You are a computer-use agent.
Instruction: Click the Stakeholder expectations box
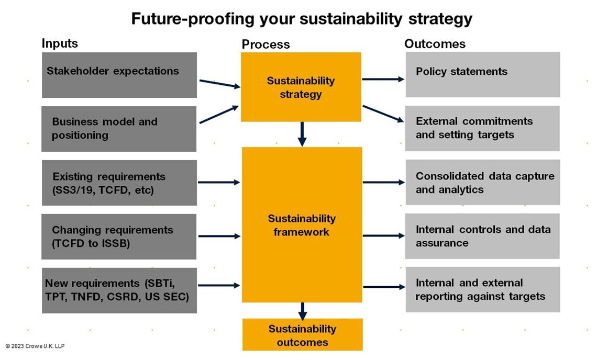119,75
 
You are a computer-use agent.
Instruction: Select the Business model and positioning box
119,129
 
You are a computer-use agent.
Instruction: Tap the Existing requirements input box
119,183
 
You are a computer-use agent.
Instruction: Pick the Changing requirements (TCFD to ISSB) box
119,236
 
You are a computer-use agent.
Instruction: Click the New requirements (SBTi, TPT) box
119,290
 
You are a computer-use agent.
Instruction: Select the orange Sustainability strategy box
301,87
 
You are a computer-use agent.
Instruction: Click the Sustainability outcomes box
302,335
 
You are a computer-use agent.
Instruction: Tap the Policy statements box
482,74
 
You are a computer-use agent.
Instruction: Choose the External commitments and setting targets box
482,128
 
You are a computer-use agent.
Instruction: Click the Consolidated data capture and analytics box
482,182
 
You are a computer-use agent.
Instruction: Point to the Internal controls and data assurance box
482,236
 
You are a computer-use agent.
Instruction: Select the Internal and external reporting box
482,289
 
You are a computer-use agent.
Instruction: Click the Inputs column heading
60,43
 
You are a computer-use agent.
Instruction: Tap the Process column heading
266,44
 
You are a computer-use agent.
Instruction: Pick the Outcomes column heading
435,44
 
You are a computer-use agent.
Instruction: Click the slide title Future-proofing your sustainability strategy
301,19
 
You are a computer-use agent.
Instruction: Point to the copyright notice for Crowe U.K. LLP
35,346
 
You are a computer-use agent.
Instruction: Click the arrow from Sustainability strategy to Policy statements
383,80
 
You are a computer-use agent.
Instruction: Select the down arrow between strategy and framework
302,134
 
